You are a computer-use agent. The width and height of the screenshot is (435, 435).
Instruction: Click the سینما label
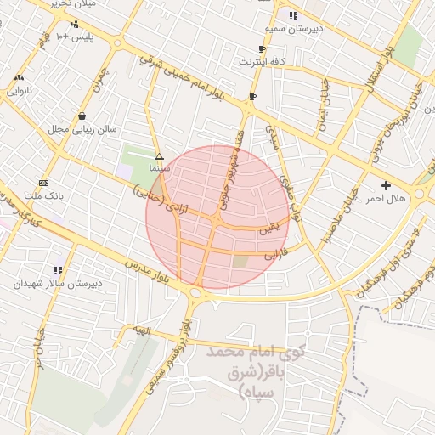pyautogui.click(x=160, y=169)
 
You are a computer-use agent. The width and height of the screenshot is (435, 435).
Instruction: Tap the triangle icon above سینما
pyautogui.click(x=160, y=156)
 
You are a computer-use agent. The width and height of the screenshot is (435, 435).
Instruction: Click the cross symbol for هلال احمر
pyautogui.click(x=387, y=184)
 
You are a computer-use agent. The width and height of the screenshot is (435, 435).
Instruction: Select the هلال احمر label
pyautogui.click(x=387, y=198)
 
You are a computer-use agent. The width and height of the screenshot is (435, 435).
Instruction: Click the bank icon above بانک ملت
pyautogui.click(x=44, y=183)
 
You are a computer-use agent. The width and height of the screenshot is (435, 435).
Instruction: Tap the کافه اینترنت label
pyautogui.click(x=262, y=62)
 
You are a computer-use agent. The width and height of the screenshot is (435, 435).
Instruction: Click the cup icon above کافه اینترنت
pyautogui.click(x=262, y=49)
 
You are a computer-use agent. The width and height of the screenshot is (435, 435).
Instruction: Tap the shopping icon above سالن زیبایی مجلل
pyautogui.click(x=82, y=116)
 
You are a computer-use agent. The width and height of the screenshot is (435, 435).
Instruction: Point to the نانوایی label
pyautogui.click(x=19, y=90)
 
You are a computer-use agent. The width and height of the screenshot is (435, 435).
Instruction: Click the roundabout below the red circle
pyautogui.click(x=197, y=294)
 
